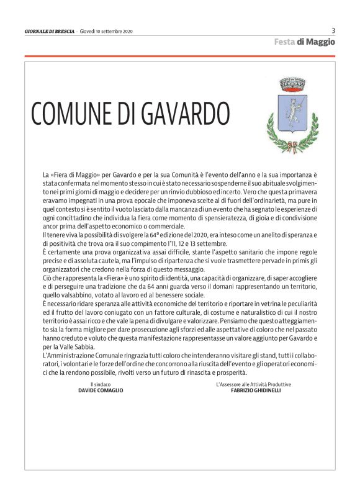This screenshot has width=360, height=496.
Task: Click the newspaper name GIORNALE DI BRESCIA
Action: coord(49,31)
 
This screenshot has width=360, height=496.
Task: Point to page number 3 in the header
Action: coord(333,30)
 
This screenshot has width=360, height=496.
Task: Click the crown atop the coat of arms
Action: coord(290,84)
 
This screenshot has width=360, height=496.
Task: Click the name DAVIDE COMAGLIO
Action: coord(101,390)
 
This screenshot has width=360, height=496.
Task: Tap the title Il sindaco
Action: coord(101,384)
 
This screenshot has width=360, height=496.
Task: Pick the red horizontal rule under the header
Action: coord(180,56)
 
